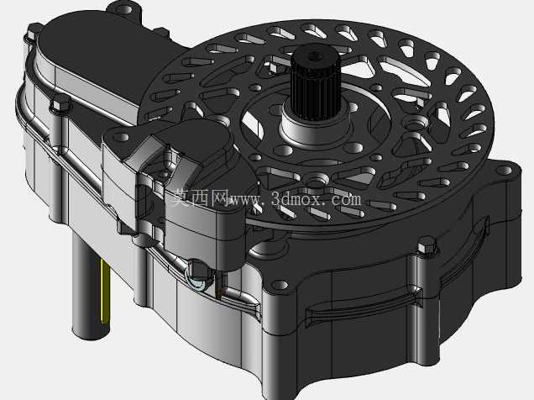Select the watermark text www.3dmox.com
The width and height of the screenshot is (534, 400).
[296, 198]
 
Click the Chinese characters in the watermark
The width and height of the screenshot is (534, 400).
[199, 198]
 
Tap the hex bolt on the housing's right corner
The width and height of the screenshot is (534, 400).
[427, 245]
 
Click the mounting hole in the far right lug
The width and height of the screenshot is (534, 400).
[504, 171]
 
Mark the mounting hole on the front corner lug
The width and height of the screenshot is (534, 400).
[280, 285]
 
